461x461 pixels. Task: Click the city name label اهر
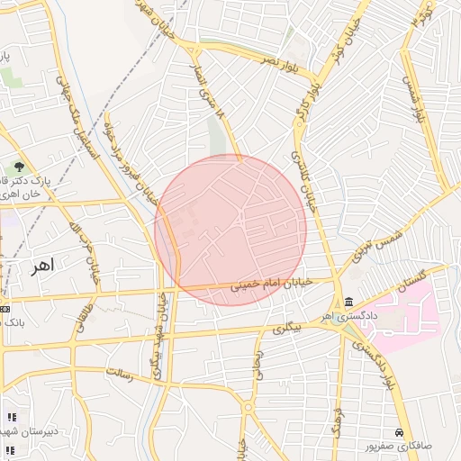coord(41,265)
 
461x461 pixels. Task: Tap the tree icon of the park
coord(19,167)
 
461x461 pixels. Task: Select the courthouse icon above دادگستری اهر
coord(348,302)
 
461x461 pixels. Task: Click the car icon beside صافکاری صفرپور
coord(399,433)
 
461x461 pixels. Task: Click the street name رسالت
coord(120,373)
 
